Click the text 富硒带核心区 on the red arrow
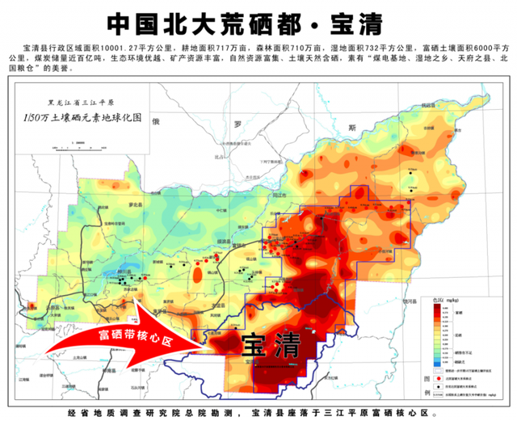[x=136, y=334]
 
